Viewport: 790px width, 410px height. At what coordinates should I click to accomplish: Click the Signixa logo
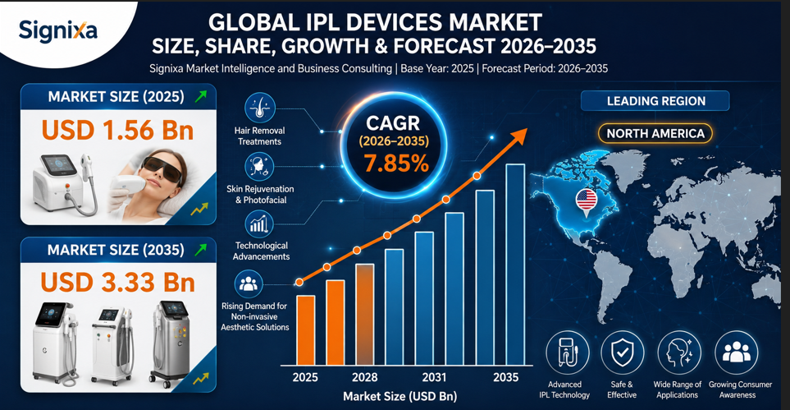(x=58, y=31)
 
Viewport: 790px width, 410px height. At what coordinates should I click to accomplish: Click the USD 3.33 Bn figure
(x=117, y=283)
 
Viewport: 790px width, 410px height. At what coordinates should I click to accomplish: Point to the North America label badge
(x=655, y=133)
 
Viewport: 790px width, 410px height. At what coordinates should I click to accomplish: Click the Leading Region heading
(x=655, y=101)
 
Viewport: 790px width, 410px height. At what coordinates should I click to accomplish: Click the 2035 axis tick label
(x=506, y=378)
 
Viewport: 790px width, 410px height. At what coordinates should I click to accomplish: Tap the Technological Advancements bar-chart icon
(x=259, y=224)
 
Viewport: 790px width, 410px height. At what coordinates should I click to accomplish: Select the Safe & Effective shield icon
(x=622, y=352)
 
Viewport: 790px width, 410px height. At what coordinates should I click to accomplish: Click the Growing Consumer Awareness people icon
(x=736, y=352)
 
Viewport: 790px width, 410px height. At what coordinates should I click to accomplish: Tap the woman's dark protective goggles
(x=162, y=168)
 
